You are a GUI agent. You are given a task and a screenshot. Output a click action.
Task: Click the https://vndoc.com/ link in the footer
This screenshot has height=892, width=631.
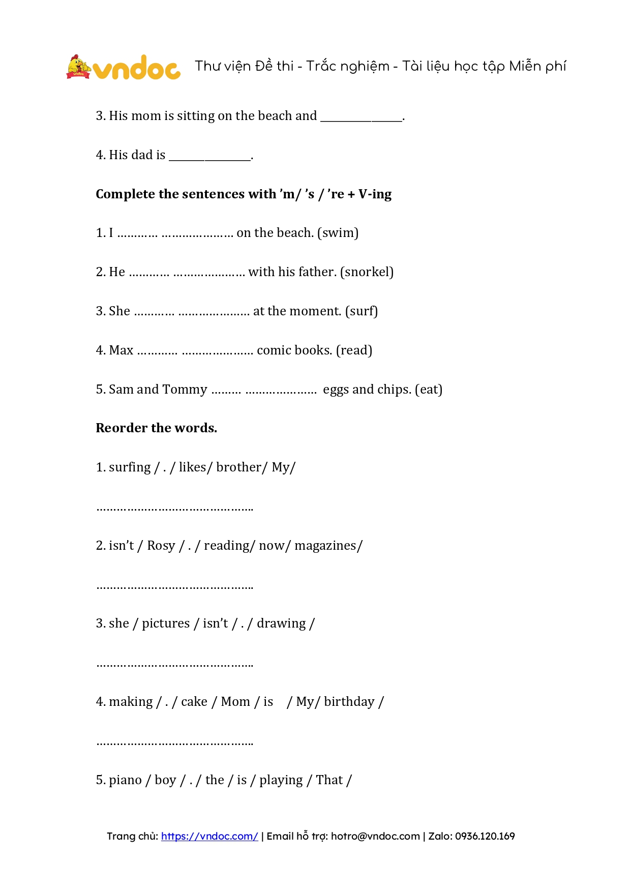click(x=209, y=836)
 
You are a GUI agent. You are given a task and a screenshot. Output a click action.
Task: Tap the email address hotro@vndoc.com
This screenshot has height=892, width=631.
click(x=375, y=836)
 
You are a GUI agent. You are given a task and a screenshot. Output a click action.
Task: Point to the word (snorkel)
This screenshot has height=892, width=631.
click(x=367, y=272)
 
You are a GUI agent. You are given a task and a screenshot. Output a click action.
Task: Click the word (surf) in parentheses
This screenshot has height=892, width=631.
click(x=362, y=311)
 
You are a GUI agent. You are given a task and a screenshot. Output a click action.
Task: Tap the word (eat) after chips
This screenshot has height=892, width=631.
click(x=429, y=390)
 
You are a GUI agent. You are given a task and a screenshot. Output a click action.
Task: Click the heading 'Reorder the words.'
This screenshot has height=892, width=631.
click(x=156, y=428)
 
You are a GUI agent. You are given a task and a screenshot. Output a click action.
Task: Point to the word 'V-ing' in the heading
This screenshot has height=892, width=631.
click(x=375, y=194)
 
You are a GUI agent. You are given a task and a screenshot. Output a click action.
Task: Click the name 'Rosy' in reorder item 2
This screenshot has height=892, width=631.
click(x=161, y=546)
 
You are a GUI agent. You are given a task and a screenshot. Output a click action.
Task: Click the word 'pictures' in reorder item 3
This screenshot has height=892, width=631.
click(x=166, y=624)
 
